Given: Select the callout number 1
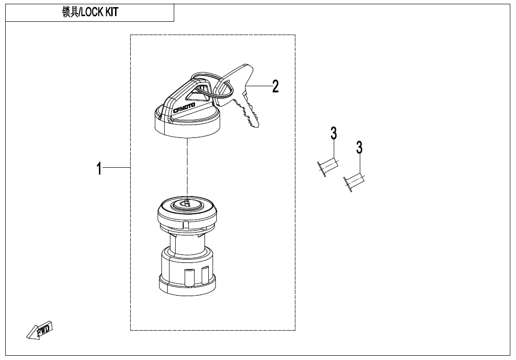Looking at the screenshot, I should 99,168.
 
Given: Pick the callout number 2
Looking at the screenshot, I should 275,86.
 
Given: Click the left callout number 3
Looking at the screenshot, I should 333,134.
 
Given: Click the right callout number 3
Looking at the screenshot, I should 359,148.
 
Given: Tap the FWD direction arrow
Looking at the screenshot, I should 40,330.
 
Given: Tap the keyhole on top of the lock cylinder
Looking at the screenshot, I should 187,204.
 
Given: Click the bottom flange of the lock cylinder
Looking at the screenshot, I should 187,284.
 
